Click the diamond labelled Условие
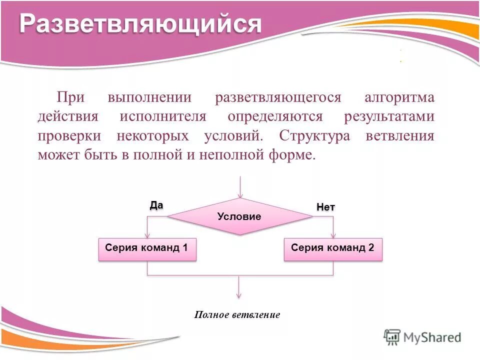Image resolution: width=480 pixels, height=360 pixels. (239, 216)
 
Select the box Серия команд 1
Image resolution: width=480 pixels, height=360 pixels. (147, 249)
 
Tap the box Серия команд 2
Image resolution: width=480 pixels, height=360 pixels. (333, 249)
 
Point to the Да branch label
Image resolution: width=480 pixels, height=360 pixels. (156, 204)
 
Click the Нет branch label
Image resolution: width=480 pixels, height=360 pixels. (325, 207)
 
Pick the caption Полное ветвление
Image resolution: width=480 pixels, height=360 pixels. (237, 315)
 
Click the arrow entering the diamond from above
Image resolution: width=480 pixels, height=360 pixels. (240, 187)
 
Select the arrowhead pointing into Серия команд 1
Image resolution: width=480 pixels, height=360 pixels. (147, 234)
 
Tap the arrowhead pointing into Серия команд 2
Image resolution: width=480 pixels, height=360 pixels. (333, 234)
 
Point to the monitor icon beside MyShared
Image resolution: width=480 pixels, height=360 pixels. (392, 336)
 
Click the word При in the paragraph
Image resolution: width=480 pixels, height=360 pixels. (69, 97)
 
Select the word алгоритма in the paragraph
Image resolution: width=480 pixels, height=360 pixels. (399, 97)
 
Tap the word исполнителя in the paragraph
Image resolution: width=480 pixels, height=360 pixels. (162, 116)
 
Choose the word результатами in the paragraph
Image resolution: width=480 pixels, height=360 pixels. (389, 116)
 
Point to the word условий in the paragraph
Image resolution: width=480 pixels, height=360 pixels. (233, 136)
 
